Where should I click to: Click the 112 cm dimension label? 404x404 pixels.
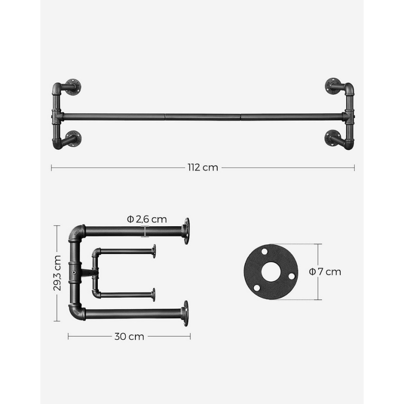tap(202, 168)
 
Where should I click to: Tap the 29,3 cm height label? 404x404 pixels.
tap(57, 273)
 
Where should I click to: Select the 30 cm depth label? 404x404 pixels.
tap(129, 337)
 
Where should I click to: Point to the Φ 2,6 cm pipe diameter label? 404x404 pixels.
tap(147, 219)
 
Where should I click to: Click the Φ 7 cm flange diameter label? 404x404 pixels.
tap(326, 272)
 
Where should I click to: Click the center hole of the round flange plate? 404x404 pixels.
tap(271, 272)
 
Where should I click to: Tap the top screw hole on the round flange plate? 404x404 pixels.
tap(264, 251)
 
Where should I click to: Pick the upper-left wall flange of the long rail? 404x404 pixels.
tap(73, 87)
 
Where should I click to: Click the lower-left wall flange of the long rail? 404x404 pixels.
tap(73, 138)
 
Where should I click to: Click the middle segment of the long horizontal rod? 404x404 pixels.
tap(202, 116)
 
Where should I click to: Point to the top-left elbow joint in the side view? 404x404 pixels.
tap(76, 232)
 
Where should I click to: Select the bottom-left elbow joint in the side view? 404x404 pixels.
tap(76, 312)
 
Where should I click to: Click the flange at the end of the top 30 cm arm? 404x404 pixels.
tap(186, 231)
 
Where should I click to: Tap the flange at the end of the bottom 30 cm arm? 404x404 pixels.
tap(186, 313)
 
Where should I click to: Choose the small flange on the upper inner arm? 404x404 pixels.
tap(154, 251)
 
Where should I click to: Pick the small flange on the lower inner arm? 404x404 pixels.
tap(153, 295)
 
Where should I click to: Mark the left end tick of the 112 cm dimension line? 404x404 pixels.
tap(51, 168)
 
